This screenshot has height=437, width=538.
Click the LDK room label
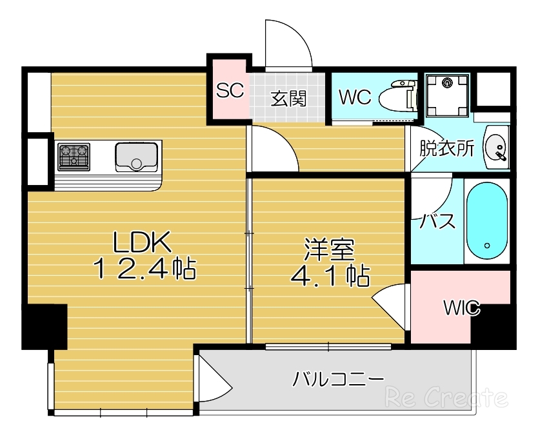click(x=142, y=243)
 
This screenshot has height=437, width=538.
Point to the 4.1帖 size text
click(x=330, y=277)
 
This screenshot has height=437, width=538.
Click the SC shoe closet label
click(x=230, y=91)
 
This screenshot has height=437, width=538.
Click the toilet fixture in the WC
click(x=398, y=98)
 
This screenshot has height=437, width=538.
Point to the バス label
click(x=438, y=221)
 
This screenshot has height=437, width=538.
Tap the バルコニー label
click(x=338, y=378)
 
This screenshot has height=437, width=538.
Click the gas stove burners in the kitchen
click(x=74, y=157)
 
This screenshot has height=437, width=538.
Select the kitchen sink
click(x=137, y=157)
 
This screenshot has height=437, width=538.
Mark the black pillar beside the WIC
click(x=492, y=329)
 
